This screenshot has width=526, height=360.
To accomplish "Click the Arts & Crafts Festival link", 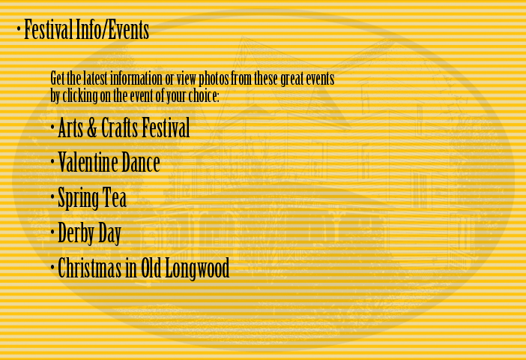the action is [124, 127].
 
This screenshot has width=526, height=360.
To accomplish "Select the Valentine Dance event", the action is [109, 162].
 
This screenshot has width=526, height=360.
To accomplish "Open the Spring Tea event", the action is [92, 198].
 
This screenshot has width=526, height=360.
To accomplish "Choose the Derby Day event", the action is [89, 233].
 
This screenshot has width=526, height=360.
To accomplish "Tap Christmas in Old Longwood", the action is [143, 268].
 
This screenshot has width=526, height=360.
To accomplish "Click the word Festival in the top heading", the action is [48, 29].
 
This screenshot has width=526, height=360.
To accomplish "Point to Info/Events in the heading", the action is [112, 29].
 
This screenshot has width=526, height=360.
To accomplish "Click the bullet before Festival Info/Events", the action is [19, 28].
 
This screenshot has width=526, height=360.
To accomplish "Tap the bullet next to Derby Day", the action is [52, 232].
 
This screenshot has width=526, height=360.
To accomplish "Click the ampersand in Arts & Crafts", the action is [91, 127].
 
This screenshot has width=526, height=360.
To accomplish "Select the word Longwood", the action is [197, 268].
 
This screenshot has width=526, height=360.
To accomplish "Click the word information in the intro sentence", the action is [136, 79].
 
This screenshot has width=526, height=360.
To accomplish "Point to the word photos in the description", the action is [214, 79].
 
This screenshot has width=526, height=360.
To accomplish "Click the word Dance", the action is [141, 162].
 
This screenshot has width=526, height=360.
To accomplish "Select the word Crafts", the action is [119, 127].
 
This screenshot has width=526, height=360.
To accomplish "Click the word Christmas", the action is [90, 268].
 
